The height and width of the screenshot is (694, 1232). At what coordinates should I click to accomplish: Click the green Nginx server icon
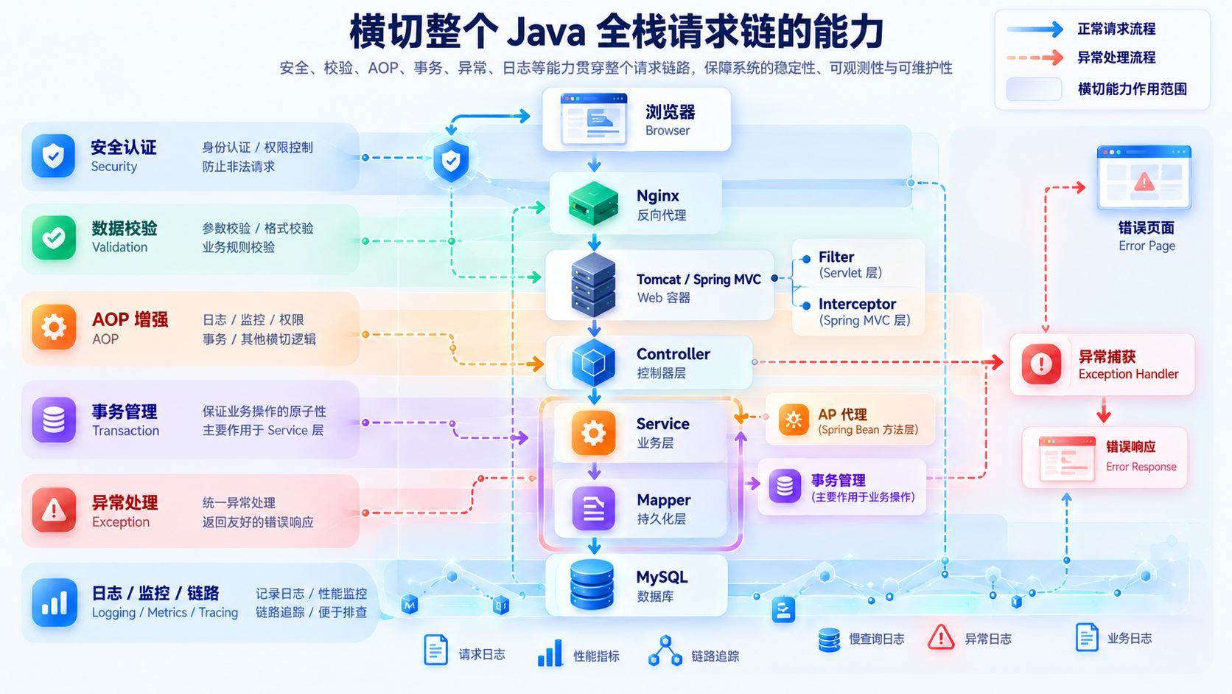point(593,203)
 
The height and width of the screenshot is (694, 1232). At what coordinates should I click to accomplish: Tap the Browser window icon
point(594,119)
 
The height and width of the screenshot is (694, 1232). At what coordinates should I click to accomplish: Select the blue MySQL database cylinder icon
point(592,584)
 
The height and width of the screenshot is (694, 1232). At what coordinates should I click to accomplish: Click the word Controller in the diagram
point(673,354)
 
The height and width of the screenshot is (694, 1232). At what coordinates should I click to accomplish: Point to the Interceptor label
point(857,304)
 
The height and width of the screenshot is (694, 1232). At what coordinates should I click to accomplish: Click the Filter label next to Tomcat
point(836,257)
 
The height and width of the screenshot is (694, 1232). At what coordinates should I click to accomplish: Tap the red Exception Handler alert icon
point(1041,364)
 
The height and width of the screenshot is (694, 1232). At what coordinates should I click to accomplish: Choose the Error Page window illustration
point(1144,177)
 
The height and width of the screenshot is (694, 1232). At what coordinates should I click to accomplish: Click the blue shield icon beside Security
point(53,156)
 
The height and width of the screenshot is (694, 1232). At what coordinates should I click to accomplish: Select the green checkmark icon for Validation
point(53,237)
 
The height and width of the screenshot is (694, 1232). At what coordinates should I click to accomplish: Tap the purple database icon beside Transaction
point(53,420)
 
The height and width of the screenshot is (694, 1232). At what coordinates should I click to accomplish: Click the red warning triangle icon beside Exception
point(53,510)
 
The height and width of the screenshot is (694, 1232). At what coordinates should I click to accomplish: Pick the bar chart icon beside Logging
point(54,603)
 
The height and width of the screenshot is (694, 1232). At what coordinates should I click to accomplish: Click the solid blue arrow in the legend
point(1035,30)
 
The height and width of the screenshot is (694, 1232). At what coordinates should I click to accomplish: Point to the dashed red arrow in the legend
point(1035,58)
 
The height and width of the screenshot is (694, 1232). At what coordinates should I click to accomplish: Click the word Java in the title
point(545,33)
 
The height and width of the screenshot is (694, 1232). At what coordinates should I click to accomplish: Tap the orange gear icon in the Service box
point(593,433)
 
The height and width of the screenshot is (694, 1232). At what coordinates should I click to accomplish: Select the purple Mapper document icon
point(593,509)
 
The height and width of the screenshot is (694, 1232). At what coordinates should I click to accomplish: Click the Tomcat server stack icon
point(593,285)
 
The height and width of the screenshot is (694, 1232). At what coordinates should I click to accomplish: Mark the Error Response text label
point(1141,467)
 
